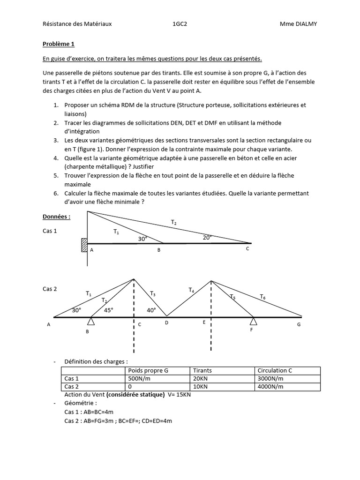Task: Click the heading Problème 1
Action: point(59,45)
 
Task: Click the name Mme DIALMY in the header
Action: point(299,24)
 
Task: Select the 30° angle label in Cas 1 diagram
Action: point(142,239)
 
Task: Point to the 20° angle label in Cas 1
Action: point(207,237)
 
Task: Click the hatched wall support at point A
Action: point(84,245)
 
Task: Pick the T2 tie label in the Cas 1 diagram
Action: point(174,222)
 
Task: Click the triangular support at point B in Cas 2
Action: point(91,321)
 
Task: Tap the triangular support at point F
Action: point(254,321)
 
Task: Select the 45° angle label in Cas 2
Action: point(108,310)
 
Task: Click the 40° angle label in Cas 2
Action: point(151,310)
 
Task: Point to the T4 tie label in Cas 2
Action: point(191,290)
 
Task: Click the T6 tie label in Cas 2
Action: point(263,296)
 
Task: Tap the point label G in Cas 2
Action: point(299,324)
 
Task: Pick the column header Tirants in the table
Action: point(202,371)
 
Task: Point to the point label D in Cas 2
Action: point(166,322)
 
